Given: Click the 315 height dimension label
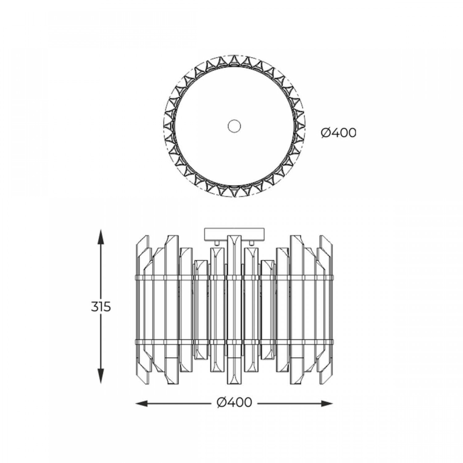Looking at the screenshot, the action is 101,307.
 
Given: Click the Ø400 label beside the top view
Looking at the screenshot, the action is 338,133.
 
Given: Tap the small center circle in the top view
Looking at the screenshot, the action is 234,126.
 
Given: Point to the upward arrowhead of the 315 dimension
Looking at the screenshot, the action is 100,237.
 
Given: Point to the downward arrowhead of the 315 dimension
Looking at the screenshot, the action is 100,375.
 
